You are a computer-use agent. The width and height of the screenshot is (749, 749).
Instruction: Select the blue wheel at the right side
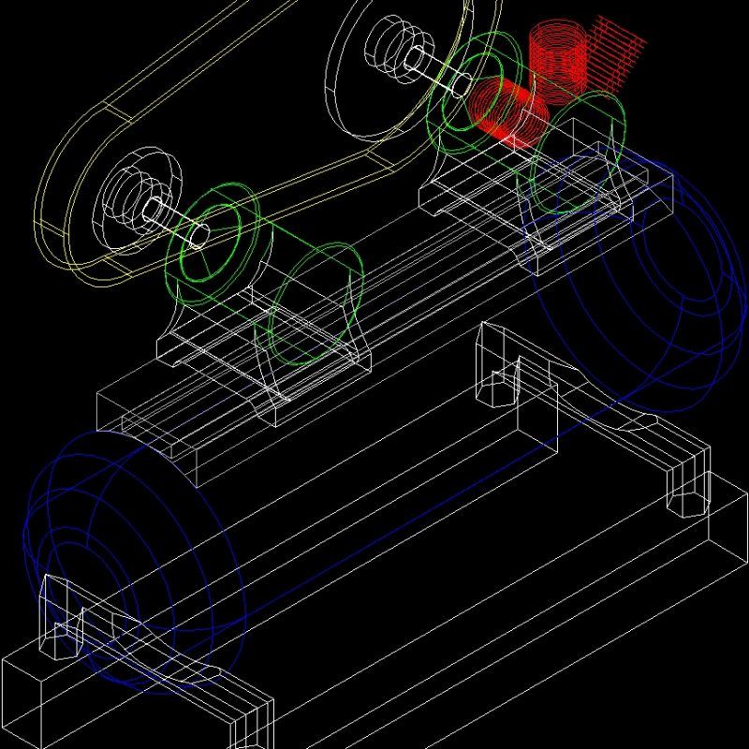pos(646,281)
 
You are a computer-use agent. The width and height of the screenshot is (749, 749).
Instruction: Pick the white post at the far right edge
pos(690,482)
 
